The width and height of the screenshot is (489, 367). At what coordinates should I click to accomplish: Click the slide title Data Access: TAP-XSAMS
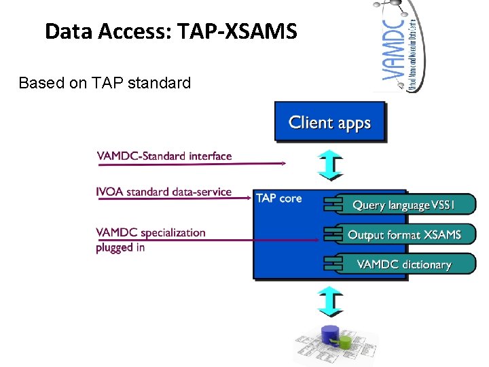170,31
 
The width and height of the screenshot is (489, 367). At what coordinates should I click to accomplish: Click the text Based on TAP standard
105,83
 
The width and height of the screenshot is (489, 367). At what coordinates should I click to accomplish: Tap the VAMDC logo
401,46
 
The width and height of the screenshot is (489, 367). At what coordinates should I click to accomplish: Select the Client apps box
329,122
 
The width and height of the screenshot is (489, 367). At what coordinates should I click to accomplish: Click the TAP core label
278,198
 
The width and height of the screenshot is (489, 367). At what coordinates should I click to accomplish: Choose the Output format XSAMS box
404,234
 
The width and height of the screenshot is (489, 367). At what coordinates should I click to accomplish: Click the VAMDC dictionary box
404,264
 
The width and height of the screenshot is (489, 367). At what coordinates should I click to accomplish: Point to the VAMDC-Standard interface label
164,156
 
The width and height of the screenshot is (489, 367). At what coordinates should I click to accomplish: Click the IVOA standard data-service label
164,192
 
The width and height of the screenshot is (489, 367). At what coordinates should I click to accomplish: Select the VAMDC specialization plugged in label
151,239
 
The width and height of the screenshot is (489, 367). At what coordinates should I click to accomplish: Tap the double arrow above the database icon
330,301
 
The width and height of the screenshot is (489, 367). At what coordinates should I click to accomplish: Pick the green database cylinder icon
346,340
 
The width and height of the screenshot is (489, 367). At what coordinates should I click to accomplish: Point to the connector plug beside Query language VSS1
332,205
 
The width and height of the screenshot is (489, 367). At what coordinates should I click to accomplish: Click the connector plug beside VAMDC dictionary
332,264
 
